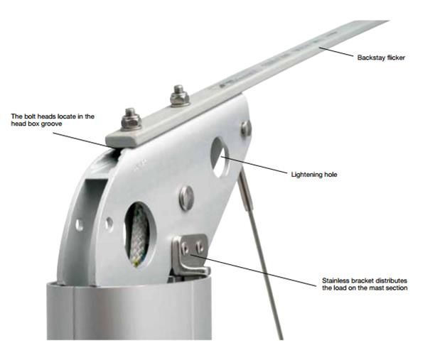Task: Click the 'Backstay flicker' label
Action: tap(381, 58)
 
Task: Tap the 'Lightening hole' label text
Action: tap(314, 175)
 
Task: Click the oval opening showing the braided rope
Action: tap(140, 234)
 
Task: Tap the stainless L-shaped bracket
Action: tap(190, 256)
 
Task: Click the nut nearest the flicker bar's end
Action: tap(131, 120)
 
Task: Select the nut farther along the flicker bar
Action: tap(180, 96)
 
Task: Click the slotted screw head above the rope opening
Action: tap(186, 198)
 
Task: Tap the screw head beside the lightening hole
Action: tap(245, 128)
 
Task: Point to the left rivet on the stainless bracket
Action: tap(185, 249)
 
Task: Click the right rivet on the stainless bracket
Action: tap(200, 247)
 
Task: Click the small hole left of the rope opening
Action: tap(109, 223)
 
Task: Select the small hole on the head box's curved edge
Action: tap(79, 225)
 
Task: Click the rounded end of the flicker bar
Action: tap(109, 139)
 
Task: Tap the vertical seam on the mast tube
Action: tap(73, 312)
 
